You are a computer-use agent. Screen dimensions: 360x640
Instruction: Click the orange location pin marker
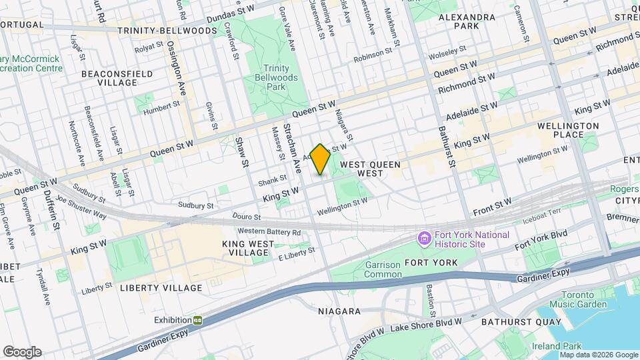(x=320, y=159)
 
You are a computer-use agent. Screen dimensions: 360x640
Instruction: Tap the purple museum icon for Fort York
(x=423, y=238)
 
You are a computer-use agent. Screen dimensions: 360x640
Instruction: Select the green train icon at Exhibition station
(x=198, y=320)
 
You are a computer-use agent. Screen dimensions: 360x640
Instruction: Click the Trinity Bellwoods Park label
(x=275, y=77)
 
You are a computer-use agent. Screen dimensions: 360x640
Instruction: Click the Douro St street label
(x=245, y=217)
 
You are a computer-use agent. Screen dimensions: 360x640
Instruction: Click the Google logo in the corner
(x=22, y=352)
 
